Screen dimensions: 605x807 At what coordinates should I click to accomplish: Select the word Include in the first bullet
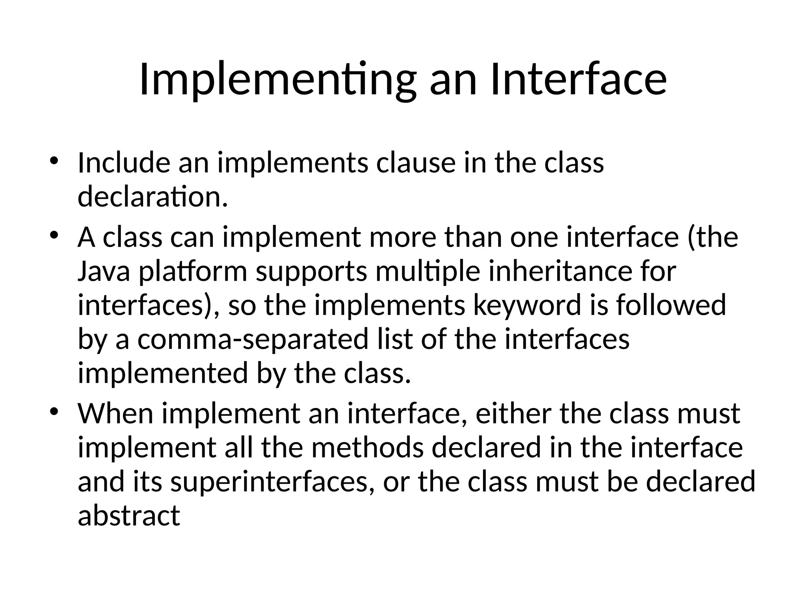click(124, 163)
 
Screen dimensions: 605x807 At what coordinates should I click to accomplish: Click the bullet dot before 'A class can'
click(54, 236)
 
